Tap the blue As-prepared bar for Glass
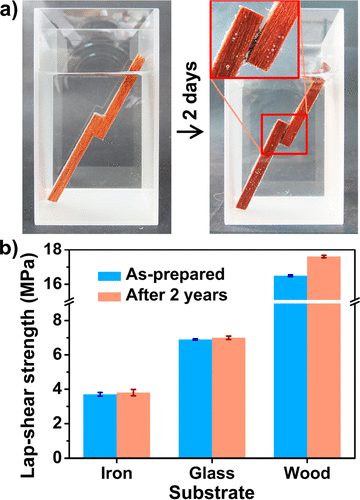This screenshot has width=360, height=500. [x=195, y=399]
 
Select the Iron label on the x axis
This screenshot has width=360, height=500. [x=117, y=472]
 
